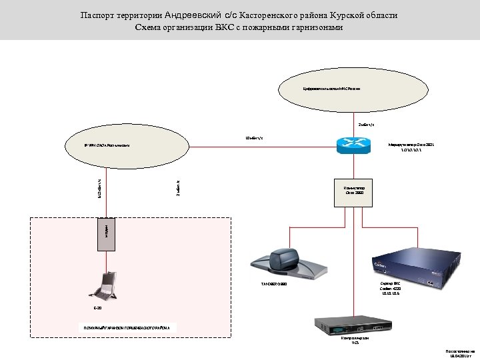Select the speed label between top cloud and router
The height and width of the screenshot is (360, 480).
366,124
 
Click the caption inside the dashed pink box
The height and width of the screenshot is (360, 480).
127,328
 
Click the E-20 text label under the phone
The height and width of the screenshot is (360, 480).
97,309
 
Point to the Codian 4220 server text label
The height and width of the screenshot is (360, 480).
391,287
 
